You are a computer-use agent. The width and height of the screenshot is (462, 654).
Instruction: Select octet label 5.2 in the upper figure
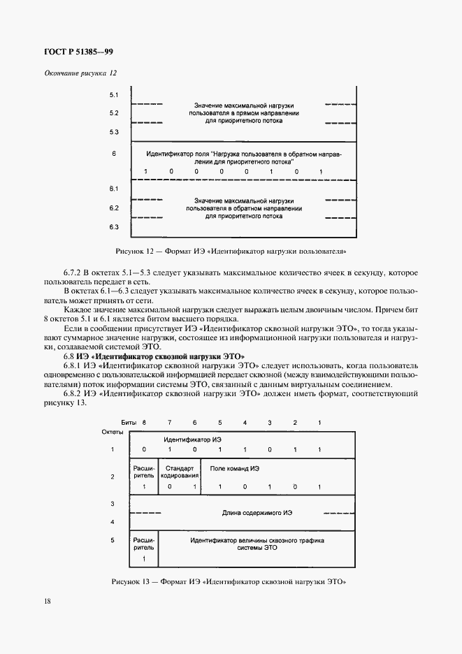click(x=114, y=112)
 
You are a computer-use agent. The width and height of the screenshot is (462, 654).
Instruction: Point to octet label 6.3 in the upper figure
click(x=114, y=227)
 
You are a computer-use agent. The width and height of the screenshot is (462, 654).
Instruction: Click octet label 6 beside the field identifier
click(x=114, y=152)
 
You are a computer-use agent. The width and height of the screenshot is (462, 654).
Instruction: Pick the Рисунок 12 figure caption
click(x=231, y=250)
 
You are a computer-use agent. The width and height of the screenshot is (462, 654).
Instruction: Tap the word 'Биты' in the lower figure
click(x=129, y=423)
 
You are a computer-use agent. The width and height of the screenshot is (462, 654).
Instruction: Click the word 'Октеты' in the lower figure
click(x=113, y=432)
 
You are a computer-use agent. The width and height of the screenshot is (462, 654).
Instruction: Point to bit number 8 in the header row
click(x=145, y=423)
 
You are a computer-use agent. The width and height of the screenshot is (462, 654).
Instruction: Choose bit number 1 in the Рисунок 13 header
click(x=320, y=423)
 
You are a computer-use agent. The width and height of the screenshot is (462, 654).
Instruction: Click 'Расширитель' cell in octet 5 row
click(x=144, y=544)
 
